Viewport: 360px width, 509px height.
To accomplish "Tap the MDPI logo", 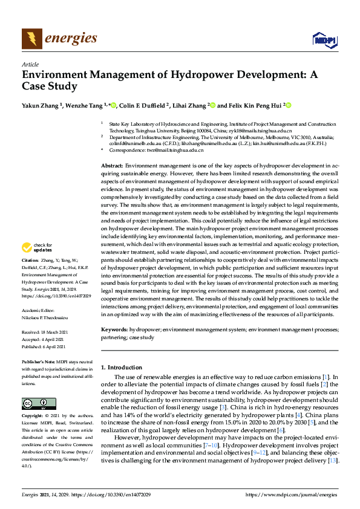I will click(324, 40).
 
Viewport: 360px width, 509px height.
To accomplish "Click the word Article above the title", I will click(30, 64).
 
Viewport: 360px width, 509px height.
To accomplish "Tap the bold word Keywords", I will click(114, 330).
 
